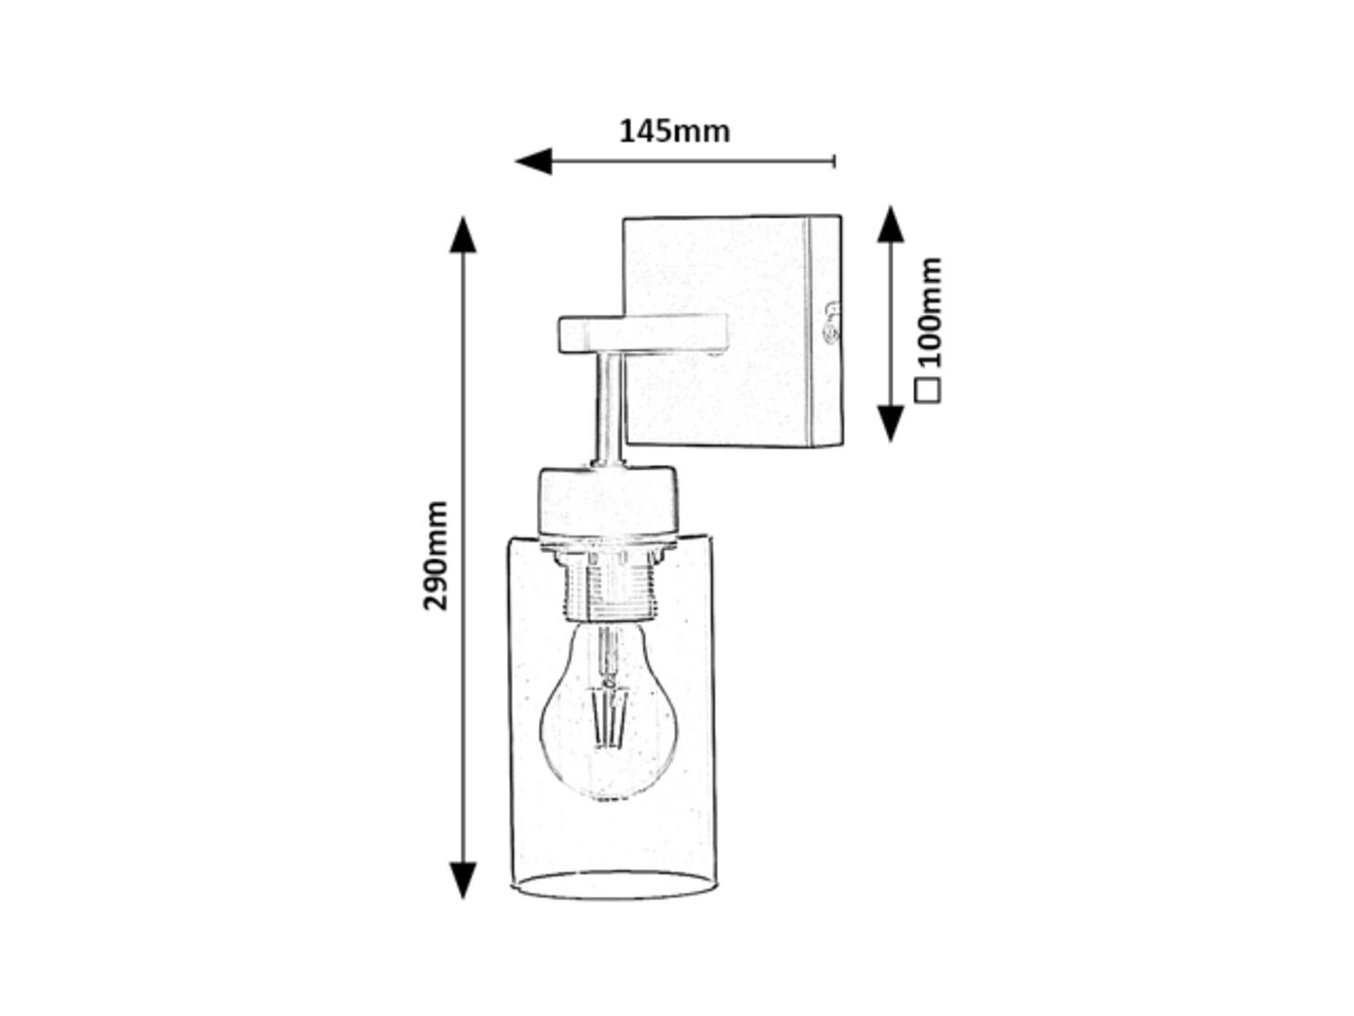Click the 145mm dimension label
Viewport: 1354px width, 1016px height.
(x=673, y=132)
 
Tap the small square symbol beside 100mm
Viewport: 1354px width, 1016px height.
(x=928, y=389)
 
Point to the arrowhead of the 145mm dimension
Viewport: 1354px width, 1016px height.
(x=533, y=162)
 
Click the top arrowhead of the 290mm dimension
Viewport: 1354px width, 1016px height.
(x=463, y=234)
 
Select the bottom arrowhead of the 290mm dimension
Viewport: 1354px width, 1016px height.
(x=463, y=881)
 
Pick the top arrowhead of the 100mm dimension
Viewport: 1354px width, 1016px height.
(x=890, y=225)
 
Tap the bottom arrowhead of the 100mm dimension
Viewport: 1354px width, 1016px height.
(x=890, y=423)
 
